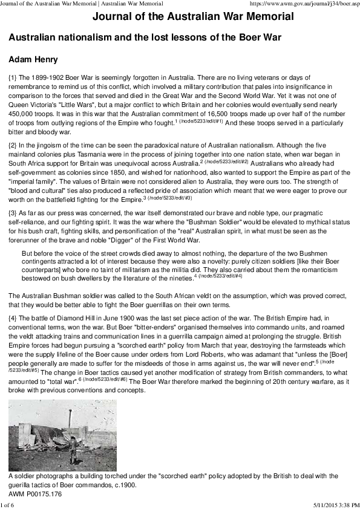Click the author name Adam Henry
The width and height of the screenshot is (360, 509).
pyautogui.click(x=33, y=60)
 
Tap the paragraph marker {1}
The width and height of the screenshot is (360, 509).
pyautogui.click(x=13, y=78)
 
